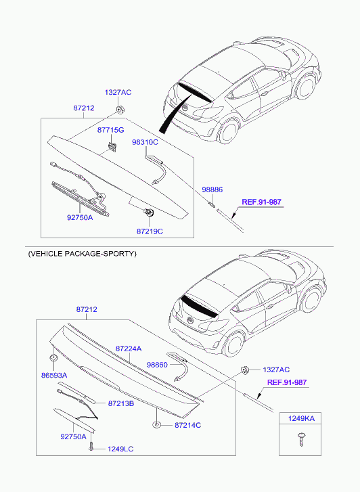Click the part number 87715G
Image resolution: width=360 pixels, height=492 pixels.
tap(110, 130)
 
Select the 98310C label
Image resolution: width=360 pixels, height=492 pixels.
tap(145, 142)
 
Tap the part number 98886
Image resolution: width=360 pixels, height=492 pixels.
tap(212, 189)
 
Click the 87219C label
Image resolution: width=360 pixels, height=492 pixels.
tap(150, 231)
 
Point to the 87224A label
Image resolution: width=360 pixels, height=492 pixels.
tap(129, 349)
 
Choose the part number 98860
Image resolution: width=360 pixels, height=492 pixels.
tap(157, 365)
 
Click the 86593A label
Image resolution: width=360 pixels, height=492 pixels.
tap(54, 376)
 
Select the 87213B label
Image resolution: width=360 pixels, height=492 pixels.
tap(121, 403)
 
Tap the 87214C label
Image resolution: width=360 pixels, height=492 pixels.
tap(187, 425)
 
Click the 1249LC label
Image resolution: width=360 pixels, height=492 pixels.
tap(120, 449)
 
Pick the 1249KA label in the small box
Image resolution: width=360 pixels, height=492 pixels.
tap(301, 418)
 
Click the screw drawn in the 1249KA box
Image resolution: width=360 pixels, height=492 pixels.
tap(301, 439)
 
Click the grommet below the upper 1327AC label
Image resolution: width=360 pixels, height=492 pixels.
tap(120, 110)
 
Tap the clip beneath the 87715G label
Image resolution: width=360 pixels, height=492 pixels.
tap(112, 147)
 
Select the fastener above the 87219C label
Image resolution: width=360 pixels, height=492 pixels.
tap(148, 213)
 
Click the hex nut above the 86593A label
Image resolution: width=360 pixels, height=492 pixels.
tap(53, 358)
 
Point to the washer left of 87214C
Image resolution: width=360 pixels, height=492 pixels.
tap(156, 425)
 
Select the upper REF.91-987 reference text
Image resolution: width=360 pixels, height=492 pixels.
tap(261, 202)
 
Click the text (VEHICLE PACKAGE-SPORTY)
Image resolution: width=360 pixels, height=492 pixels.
tap(83, 254)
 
